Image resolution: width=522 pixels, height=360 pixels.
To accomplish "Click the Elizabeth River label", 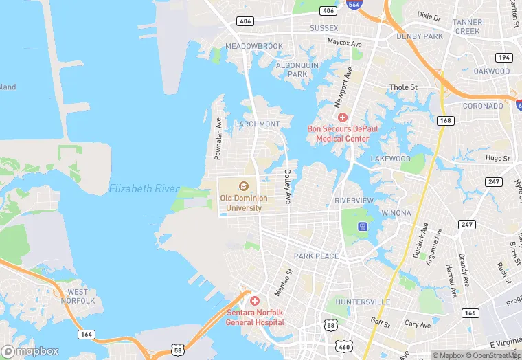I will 144,188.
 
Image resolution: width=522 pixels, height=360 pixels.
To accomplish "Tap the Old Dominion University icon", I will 242,185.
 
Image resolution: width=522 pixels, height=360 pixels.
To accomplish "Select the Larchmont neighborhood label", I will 257,124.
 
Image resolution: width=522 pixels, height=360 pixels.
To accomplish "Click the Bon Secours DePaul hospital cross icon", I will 343,118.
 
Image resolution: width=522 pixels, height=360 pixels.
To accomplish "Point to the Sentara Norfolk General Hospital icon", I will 254,301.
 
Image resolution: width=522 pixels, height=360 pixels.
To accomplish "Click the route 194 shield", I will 505,57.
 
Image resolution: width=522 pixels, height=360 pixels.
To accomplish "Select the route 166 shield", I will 470,313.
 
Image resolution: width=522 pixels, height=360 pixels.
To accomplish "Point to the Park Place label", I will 316,256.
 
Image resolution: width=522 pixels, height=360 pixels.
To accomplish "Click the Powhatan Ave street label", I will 218,138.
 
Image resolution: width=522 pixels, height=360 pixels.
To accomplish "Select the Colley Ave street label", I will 288,186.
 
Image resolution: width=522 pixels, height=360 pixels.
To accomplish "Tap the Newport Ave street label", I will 343,87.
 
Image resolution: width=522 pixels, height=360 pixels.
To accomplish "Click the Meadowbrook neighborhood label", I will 254,46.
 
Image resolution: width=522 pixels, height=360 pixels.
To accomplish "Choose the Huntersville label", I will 362,302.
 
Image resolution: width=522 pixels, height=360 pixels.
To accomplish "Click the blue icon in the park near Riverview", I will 363,226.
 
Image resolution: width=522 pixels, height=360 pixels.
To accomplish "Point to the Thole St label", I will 403,87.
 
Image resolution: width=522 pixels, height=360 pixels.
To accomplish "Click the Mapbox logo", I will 31,351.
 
